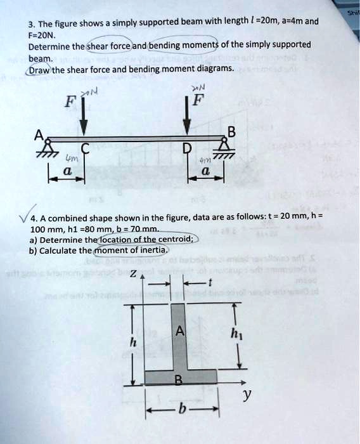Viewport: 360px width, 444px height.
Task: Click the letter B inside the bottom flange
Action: pos(179,380)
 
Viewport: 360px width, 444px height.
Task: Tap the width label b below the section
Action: pos(182,410)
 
